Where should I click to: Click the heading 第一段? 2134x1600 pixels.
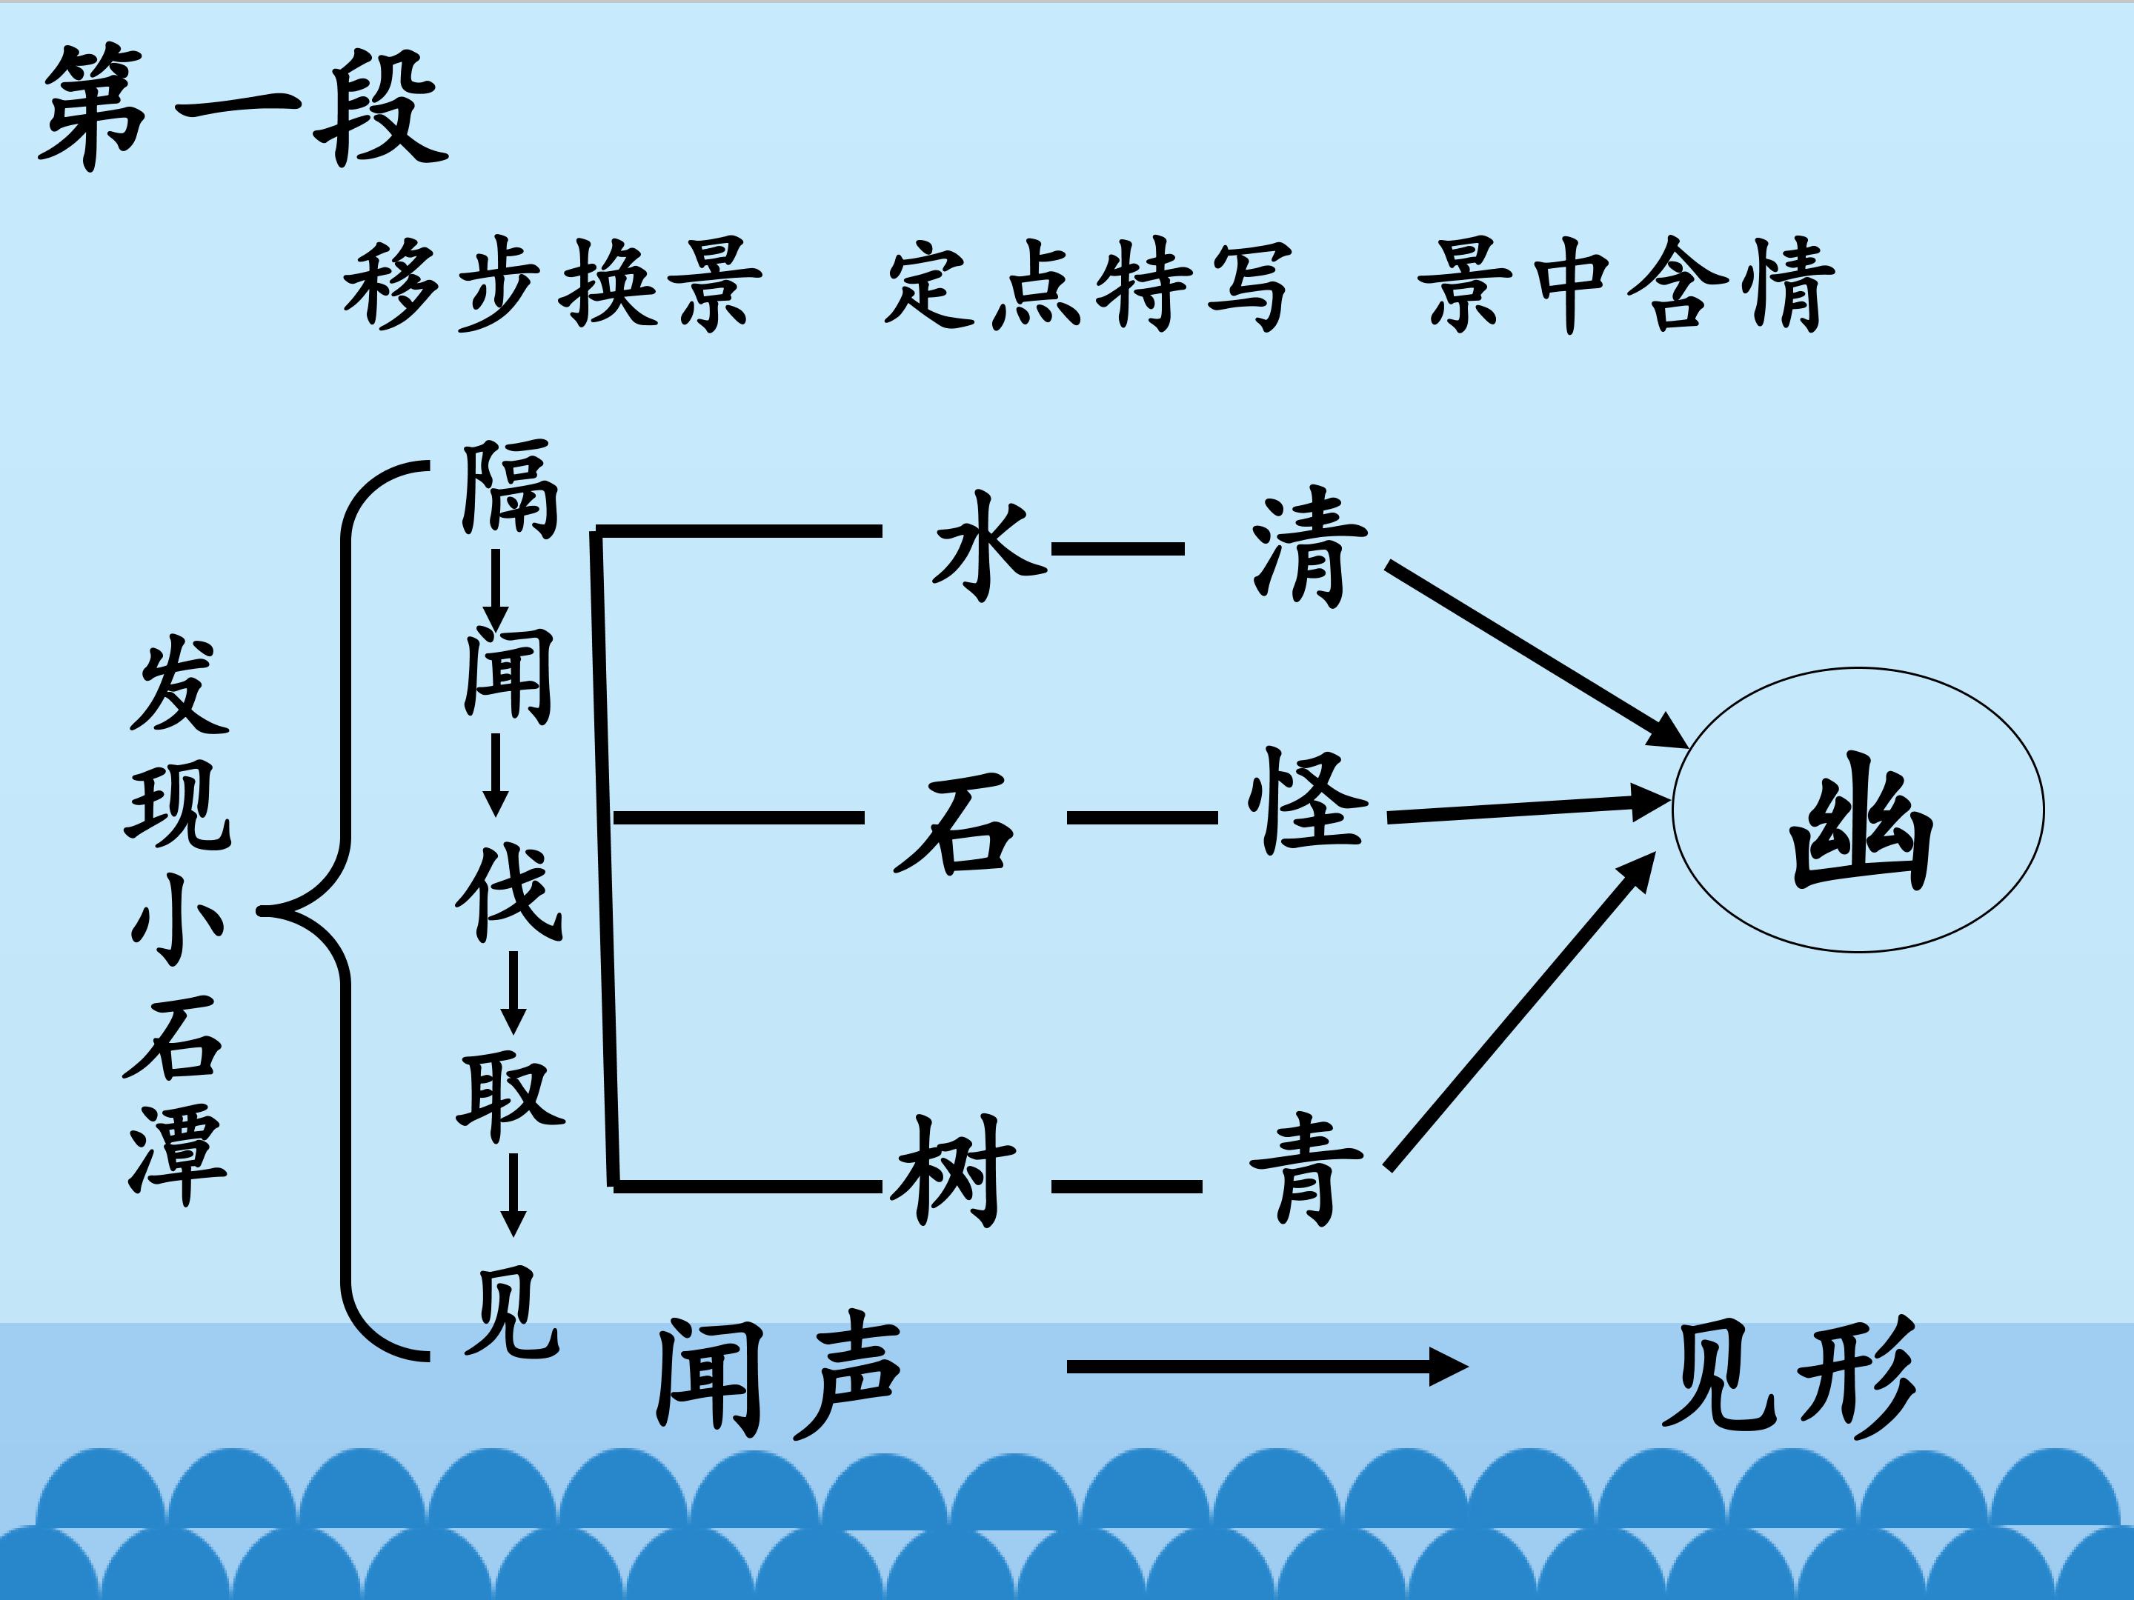tap(244, 106)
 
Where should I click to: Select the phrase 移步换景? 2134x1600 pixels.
tap(553, 284)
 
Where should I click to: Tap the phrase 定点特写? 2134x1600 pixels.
tap(1087, 284)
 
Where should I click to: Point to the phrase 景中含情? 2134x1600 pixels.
tap(1626, 284)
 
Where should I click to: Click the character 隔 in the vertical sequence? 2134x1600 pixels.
tap(509, 488)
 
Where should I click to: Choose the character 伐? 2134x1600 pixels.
tap(509, 892)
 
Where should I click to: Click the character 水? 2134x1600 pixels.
tap(987, 546)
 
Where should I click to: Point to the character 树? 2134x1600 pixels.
tap(952, 1169)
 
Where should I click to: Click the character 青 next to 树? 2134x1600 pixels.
tap(1306, 1169)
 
